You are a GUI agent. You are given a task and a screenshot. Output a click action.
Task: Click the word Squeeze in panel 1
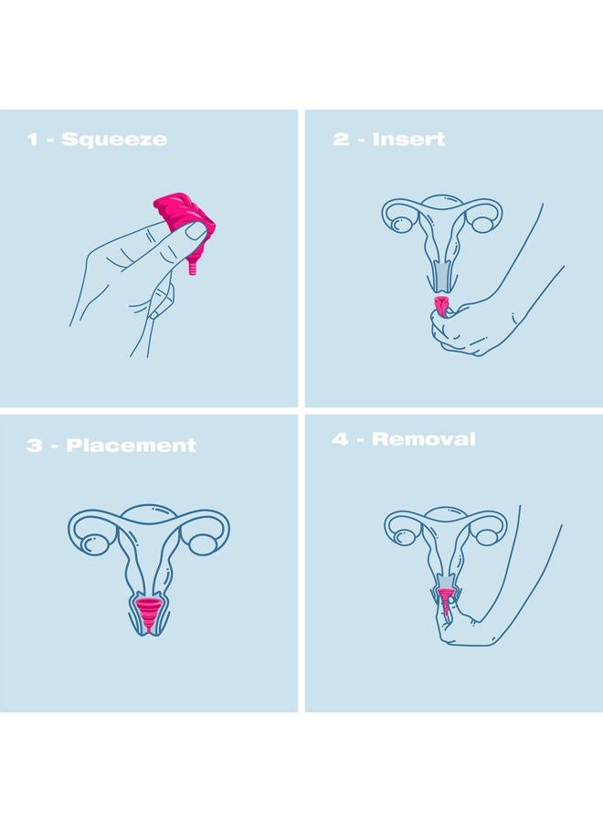pos(114,140)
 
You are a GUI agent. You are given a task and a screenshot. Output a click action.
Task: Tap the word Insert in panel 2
pos(408,139)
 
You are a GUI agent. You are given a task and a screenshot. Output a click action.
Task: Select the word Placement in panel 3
pos(131,445)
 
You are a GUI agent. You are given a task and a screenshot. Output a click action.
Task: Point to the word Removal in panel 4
pos(423,438)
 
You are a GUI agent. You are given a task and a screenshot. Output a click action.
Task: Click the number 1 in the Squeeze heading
pos(33,140)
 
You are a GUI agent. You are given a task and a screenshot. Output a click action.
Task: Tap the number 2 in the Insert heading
pos(340,139)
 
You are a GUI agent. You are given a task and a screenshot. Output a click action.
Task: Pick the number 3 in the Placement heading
pos(35,445)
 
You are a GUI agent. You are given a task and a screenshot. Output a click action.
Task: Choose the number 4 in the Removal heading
pos(340,438)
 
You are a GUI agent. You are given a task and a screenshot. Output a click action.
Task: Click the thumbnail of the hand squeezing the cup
pos(196,231)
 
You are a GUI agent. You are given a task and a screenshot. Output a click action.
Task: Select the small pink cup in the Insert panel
pos(440,307)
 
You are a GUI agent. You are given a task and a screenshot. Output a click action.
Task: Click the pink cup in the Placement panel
pos(149,612)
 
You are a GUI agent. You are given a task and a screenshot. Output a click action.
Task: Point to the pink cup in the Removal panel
pos(444,602)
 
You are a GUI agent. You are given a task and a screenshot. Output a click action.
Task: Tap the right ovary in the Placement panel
pos(203,543)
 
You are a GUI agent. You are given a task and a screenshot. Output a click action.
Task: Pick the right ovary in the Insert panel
pos(481,224)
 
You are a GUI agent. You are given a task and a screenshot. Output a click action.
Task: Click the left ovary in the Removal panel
pos(404,537)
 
